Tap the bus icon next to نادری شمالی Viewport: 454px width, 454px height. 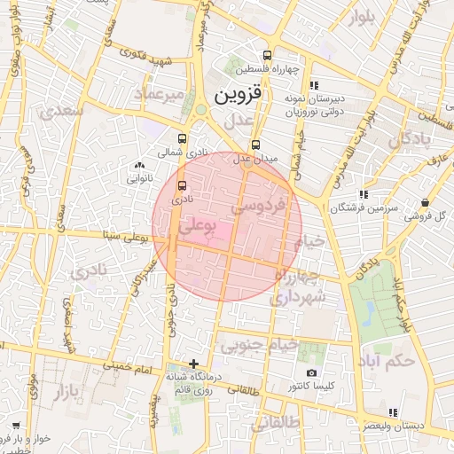pos(182,138)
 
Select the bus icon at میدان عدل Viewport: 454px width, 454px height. pos(255,145)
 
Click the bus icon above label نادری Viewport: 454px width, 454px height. pos(182,185)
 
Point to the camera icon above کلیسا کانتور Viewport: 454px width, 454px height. pos(311,373)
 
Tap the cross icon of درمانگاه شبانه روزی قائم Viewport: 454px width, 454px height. pos(194,364)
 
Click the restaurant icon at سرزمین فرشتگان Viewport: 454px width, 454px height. pos(364,194)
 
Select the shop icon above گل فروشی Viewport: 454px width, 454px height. pos(427,202)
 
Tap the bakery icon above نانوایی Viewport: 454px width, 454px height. pos(138,165)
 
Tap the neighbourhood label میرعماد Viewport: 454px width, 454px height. pos(160,93)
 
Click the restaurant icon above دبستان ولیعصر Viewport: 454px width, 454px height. pos(392,411)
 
